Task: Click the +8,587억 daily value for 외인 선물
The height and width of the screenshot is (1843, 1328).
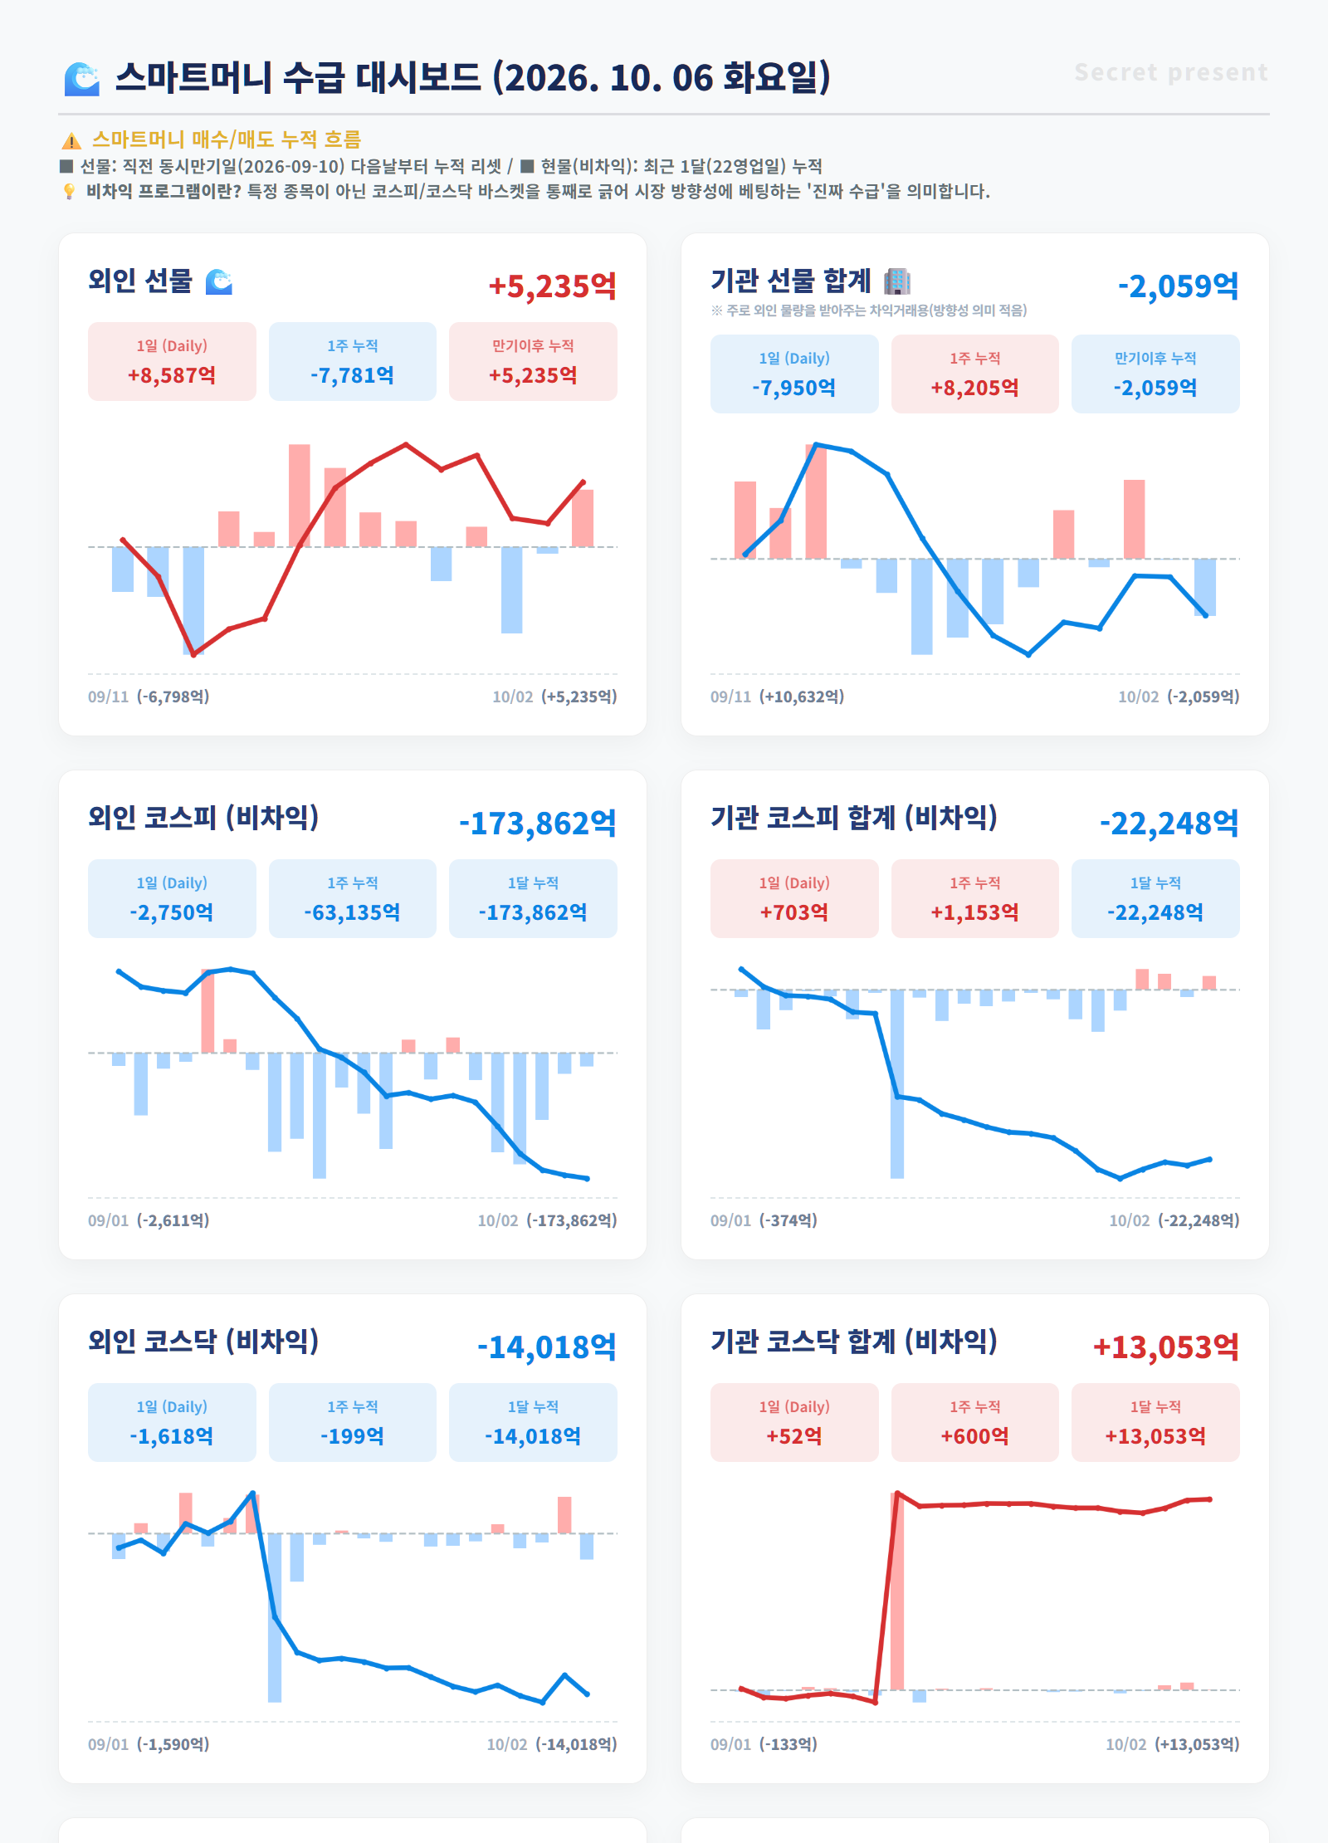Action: coord(172,375)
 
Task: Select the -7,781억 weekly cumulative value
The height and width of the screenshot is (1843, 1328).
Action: coord(352,375)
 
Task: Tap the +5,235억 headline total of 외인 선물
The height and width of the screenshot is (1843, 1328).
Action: coord(552,286)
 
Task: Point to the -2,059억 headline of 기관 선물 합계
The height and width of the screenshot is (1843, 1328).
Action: coord(1178,286)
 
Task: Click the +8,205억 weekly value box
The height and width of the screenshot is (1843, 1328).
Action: coord(974,374)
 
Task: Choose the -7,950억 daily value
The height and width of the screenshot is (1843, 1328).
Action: coord(794,388)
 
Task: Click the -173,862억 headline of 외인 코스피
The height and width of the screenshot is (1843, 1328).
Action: coord(538,824)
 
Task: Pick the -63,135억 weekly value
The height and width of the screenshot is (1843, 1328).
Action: coord(352,912)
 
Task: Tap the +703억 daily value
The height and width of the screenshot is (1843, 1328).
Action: coord(794,912)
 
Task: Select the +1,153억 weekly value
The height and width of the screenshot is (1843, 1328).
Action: coord(974,912)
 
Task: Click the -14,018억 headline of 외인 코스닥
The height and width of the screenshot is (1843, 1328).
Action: coord(547,1347)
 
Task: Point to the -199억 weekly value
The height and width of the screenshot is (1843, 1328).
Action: coord(352,1436)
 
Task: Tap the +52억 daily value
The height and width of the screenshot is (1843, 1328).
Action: coord(794,1436)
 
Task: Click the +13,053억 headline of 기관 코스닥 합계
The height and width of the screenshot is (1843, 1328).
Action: coord(1166,1347)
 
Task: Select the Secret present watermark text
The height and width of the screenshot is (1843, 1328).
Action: coord(1171,72)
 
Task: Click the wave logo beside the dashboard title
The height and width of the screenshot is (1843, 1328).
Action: coord(82,79)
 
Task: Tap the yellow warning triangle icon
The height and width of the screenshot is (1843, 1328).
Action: coord(71,140)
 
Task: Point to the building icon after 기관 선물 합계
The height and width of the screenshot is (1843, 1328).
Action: coord(897,281)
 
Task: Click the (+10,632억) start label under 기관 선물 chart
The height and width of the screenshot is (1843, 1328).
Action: coord(802,697)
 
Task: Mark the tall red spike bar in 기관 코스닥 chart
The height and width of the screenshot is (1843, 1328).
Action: coord(897,1591)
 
